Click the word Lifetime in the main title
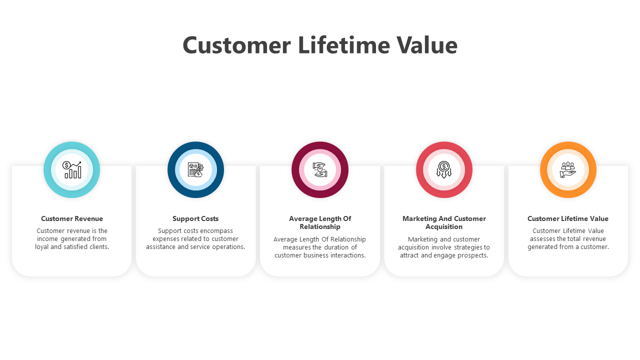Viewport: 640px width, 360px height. (x=344, y=45)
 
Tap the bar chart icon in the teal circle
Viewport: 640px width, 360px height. (x=71, y=169)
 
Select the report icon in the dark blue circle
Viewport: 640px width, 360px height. (x=195, y=169)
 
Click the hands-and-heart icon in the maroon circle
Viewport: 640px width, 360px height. (x=320, y=169)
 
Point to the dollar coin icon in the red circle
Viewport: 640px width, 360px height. (x=444, y=169)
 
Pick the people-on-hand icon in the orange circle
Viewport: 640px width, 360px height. (x=568, y=169)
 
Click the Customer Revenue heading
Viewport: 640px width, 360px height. (x=72, y=219)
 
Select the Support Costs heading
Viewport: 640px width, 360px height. (x=195, y=219)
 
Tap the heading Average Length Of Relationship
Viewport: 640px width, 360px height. (x=320, y=223)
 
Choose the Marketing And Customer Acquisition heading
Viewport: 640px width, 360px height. (x=444, y=223)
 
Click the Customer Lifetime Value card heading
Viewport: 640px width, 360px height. (x=568, y=219)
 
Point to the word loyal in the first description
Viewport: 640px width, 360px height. (x=41, y=247)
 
